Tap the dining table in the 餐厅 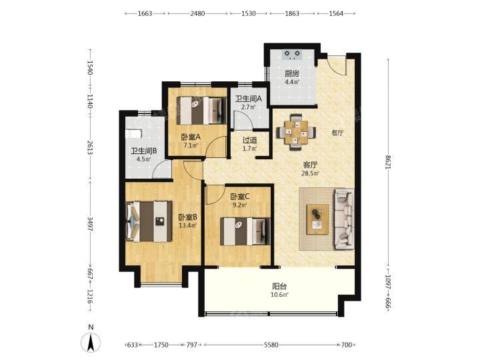click(296, 133)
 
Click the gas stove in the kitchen click(292, 55)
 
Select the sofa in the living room click(344, 219)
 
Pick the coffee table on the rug click(318, 219)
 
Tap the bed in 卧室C click(245, 231)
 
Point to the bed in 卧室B click(149, 221)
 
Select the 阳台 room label click(279, 287)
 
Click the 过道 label click(249, 141)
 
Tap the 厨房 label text click(292, 74)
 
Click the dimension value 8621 click(388, 162)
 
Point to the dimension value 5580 click(271, 345)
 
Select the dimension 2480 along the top click(197, 13)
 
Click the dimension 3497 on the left click(90, 224)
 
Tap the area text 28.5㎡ click(311, 173)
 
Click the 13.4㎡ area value click(187, 225)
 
